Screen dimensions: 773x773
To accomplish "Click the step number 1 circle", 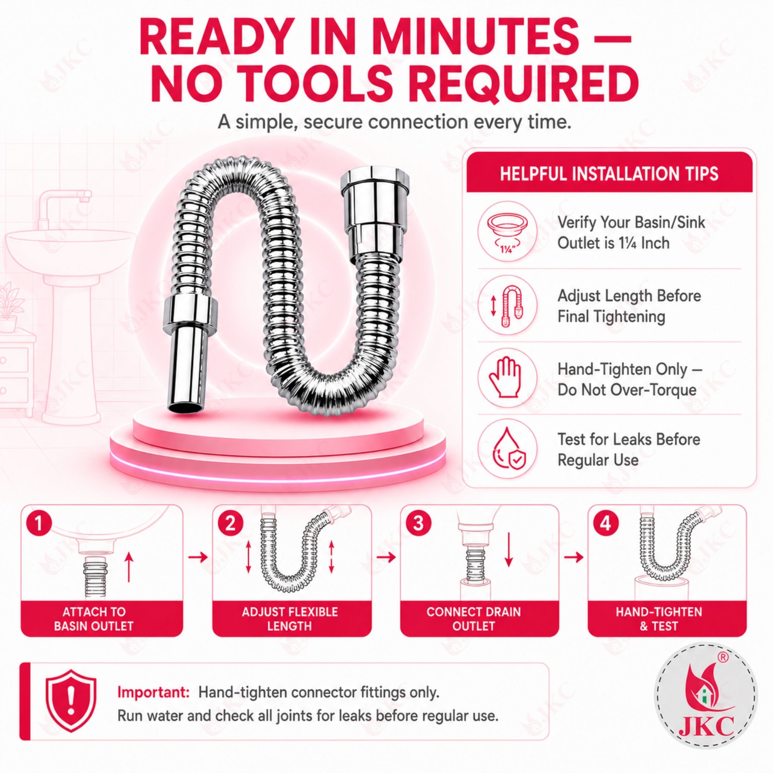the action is (39, 523).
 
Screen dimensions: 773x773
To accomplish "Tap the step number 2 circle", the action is (230, 523).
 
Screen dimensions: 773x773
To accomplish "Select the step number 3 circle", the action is (418, 523).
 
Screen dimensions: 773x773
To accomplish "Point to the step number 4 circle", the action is (606, 523).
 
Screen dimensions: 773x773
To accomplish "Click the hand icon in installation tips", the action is (505, 377).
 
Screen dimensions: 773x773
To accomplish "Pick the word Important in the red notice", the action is (153, 692).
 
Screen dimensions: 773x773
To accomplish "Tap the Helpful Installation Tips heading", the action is (609, 174).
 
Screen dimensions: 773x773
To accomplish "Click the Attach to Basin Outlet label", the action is (94, 619).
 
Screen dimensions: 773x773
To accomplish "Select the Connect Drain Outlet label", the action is (473, 619).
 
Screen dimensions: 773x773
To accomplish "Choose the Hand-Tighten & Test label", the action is (659, 619).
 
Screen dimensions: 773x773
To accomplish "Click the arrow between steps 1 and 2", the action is (198, 557).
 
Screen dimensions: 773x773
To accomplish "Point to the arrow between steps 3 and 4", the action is (574, 557).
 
